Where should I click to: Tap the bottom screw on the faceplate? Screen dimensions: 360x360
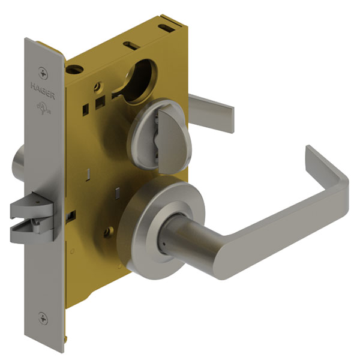coord(41,319)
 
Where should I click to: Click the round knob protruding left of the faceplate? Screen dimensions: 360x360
coord(17,161)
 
